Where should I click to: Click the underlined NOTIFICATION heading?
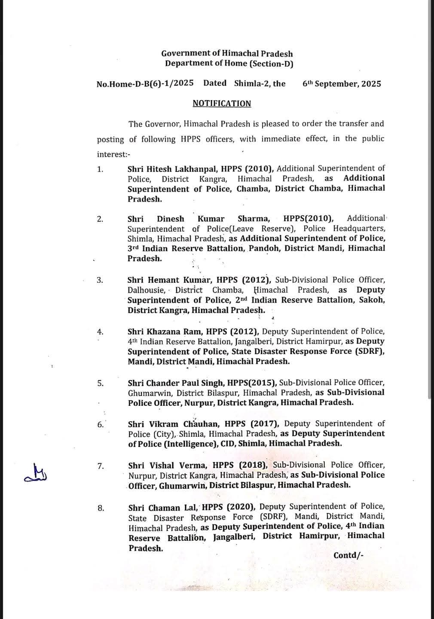[x=222, y=104]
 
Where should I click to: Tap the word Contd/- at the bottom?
[x=348, y=555]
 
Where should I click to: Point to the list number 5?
[x=100, y=383]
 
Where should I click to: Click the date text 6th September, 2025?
[x=342, y=84]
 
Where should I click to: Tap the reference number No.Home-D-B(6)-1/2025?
[x=145, y=84]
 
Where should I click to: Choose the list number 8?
[x=101, y=509]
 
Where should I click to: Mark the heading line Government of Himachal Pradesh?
[x=227, y=54]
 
